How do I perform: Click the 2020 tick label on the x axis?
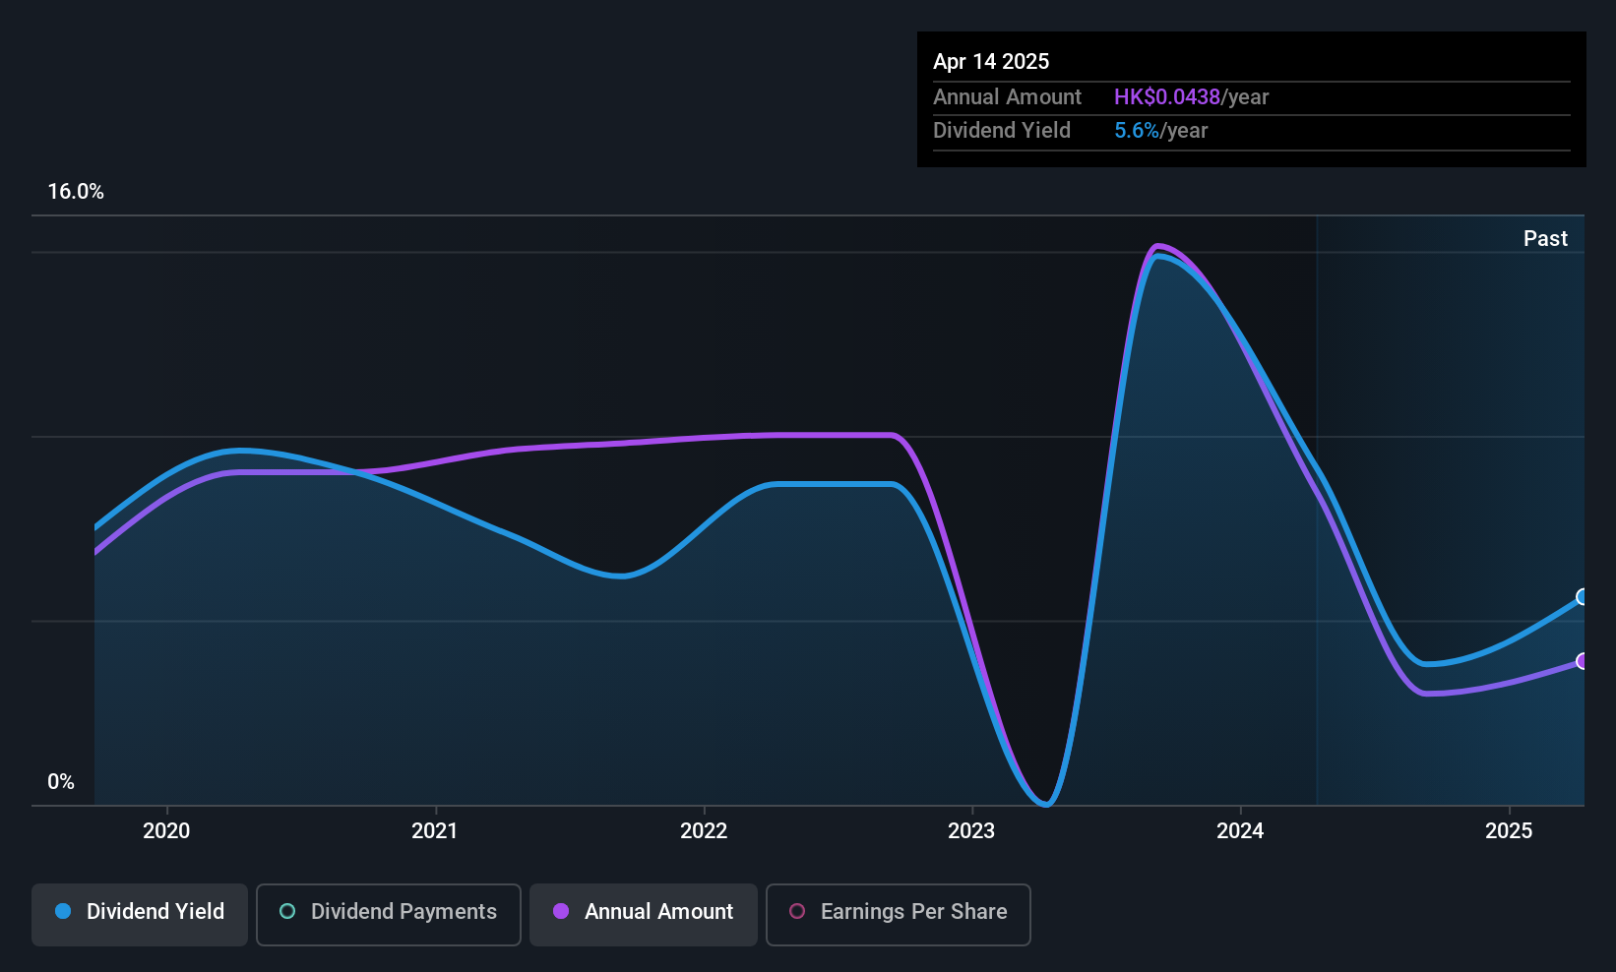coord(166,830)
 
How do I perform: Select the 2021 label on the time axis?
coord(434,830)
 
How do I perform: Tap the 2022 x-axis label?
coord(704,830)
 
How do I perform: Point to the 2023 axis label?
coord(971,830)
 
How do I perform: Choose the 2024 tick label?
coord(1240,830)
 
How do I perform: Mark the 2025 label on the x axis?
coord(1509,830)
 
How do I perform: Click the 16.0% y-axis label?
coord(76,192)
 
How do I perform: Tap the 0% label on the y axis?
coord(61,782)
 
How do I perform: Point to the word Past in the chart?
coord(1545,239)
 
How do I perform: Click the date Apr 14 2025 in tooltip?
coord(991,62)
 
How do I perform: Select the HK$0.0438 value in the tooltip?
coord(1166,97)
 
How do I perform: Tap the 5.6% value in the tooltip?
coord(1137,131)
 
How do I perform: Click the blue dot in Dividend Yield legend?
coord(64,911)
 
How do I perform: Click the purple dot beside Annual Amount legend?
coord(561,911)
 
